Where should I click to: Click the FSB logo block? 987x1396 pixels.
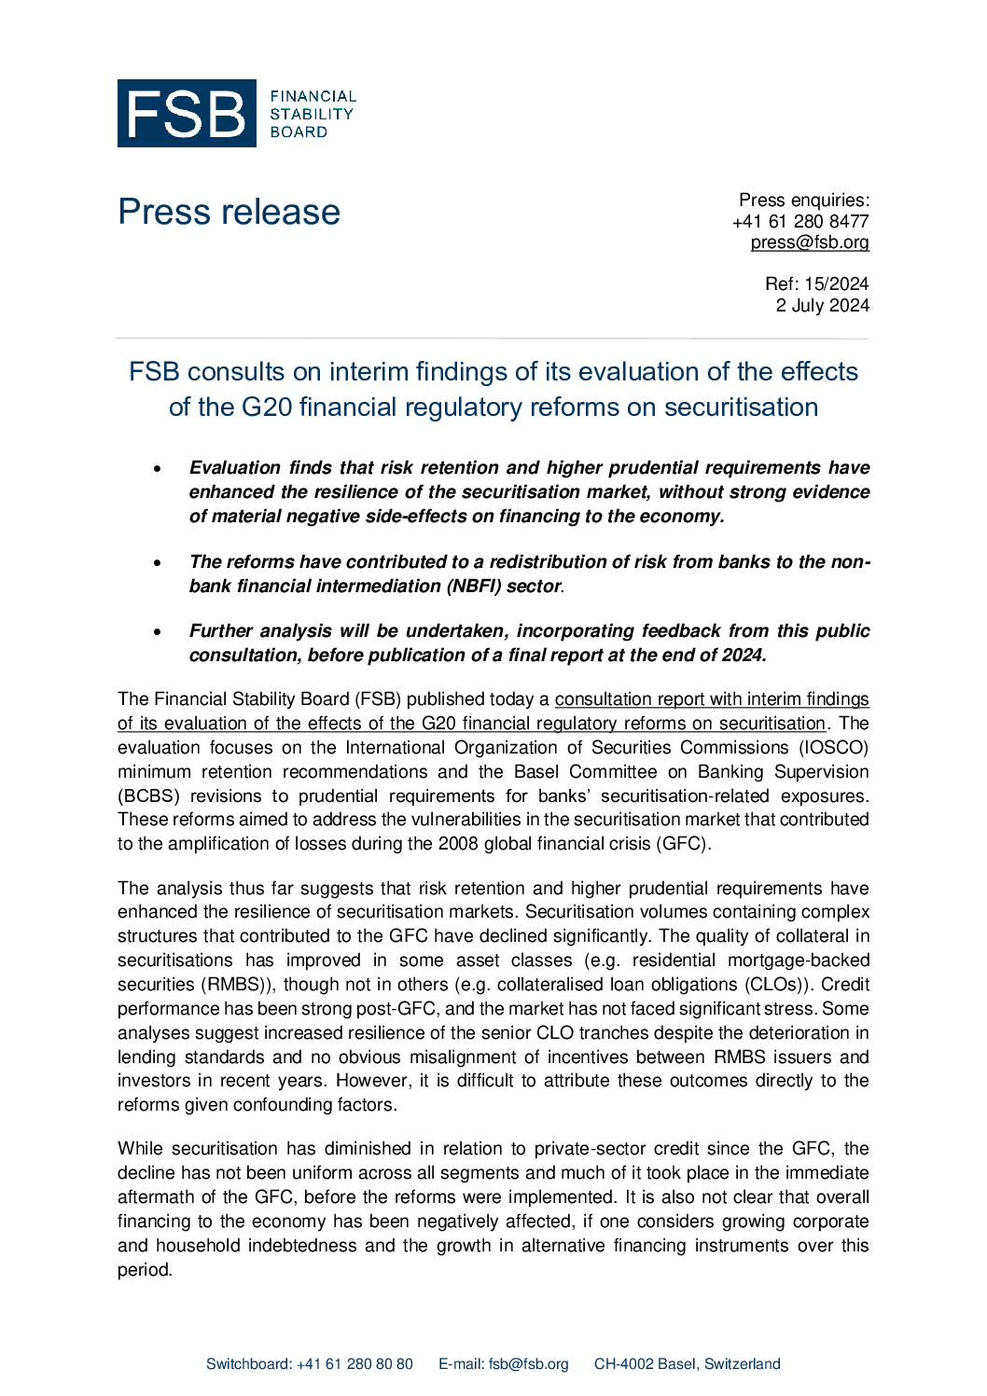pos(187,113)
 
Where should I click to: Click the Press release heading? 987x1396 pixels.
pos(229,213)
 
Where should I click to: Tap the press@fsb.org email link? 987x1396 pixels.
pos(809,242)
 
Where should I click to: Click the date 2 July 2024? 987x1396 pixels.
pos(822,305)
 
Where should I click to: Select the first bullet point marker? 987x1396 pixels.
pos(158,468)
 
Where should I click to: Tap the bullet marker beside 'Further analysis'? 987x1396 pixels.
pos(158,631)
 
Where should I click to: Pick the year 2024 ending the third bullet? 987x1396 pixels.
pos(743,656)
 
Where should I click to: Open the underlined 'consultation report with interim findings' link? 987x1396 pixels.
pos(711,699)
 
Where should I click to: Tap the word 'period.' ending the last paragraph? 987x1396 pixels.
pos(145,1270)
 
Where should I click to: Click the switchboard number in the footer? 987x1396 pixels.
pos(354,1364)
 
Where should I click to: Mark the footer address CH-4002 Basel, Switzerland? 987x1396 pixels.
pos(687,1364)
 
